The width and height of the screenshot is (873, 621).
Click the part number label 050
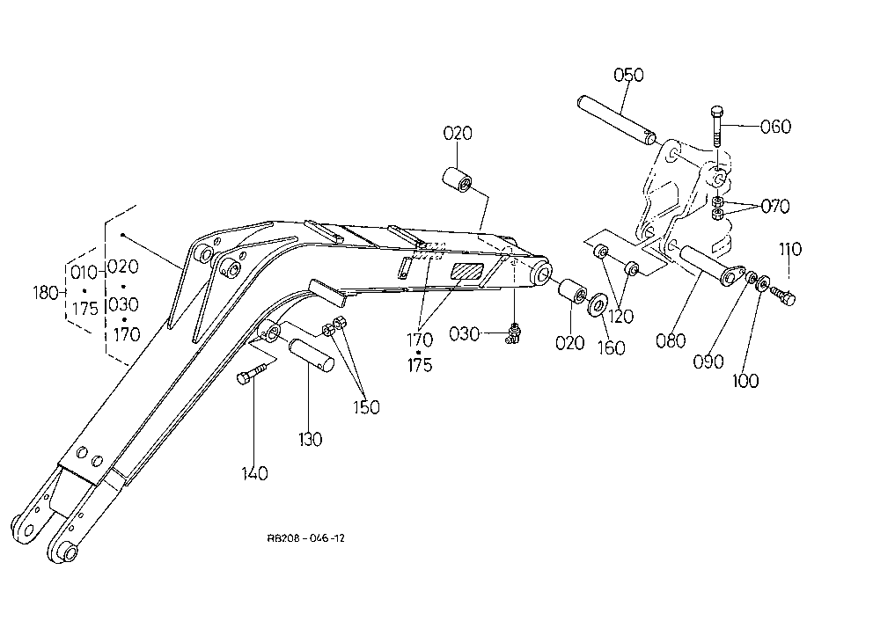[x=628, y=75]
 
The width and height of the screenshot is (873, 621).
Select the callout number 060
[x=776, y=127]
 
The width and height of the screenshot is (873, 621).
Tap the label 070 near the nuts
[x=775, y=207]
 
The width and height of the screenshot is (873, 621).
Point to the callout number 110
[x=790, y=249]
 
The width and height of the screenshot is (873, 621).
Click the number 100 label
[x=745, y=381]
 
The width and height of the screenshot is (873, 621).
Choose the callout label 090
[x=708, y=362]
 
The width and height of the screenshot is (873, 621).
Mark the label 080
[x=671, y=340]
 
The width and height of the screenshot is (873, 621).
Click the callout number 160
[x=612, y=348]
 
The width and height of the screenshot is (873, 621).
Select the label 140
[x=254, y=474]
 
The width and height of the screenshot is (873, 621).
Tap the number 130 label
[x=310, y=440]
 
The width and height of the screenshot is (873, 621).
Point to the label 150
[x=366, y=407]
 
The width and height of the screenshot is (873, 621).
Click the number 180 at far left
[x=46, y=293]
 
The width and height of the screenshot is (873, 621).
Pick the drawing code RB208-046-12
[x=306, y=538]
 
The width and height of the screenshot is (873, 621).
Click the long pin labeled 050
[x=616, y=121]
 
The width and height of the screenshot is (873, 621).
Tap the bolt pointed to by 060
[x=717, y=127]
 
